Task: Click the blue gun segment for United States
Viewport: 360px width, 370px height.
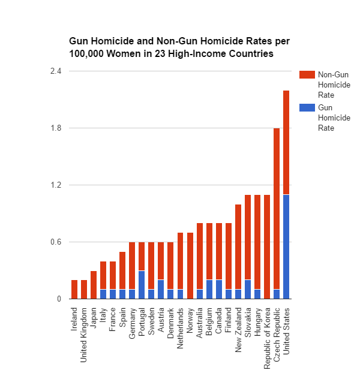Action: [x=286, y=246]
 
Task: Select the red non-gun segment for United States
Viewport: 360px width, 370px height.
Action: [x=286, y=142]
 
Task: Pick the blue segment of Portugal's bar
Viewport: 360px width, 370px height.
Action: [x=142, y=285]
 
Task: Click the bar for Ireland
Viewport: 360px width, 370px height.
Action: [x=74, y=289]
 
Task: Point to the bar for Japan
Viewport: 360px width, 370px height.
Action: [x=94, y=285]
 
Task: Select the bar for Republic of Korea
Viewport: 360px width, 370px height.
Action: [x=267, y=246]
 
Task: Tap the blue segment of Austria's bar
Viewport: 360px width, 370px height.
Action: [x=161, y=289]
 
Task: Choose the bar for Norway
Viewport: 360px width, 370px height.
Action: [x=190, y=266]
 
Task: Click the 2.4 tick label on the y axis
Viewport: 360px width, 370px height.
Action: [x=56, y=71]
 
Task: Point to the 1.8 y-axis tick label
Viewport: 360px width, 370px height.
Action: [x=56, y=128]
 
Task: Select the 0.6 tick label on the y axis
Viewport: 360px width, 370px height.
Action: [x=56, y=242]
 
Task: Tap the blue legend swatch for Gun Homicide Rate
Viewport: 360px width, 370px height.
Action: [x=307, y=107]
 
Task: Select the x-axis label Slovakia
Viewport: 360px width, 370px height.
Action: [x=248, y=323]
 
